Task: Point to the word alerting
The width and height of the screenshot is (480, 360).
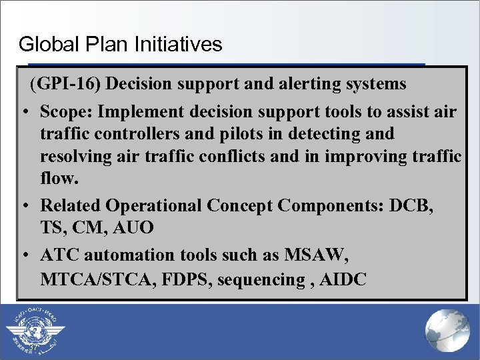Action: (x=301, y=84)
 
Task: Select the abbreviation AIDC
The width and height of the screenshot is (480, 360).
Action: (x=343, y=279)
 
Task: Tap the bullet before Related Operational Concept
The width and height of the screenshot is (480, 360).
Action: (x=24, y=205)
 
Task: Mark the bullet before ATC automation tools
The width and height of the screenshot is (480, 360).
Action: (x=24, y=255)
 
